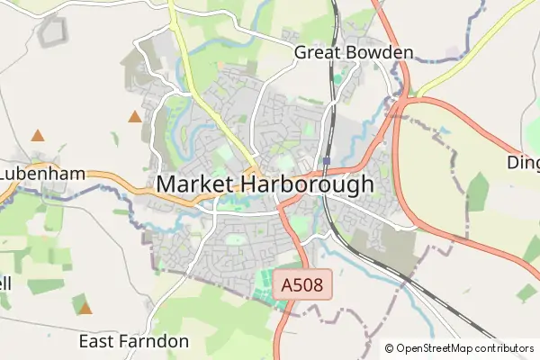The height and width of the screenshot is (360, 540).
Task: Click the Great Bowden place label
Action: tap(354, 52)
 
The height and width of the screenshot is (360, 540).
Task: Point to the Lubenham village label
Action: tap(42, 173)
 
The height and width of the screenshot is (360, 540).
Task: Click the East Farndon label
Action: tap(134, 341)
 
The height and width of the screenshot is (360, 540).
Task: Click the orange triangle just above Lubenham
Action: tap(38, 136)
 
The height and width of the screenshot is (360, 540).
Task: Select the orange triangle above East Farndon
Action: tap(85, 309)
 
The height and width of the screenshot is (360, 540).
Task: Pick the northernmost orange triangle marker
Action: tap(135, 116)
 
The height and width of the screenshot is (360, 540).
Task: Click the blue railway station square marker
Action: tap(327, 162)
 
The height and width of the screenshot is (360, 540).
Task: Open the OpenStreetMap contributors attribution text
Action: tap(464, 348)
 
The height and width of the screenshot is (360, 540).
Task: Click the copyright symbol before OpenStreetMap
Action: tap(390, 348)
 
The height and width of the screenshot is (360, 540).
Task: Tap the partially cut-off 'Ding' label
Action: tap(523, 164)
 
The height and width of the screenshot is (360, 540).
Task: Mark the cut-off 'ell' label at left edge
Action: tap(5, 283)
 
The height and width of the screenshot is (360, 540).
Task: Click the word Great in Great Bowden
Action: tap(317, 52)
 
